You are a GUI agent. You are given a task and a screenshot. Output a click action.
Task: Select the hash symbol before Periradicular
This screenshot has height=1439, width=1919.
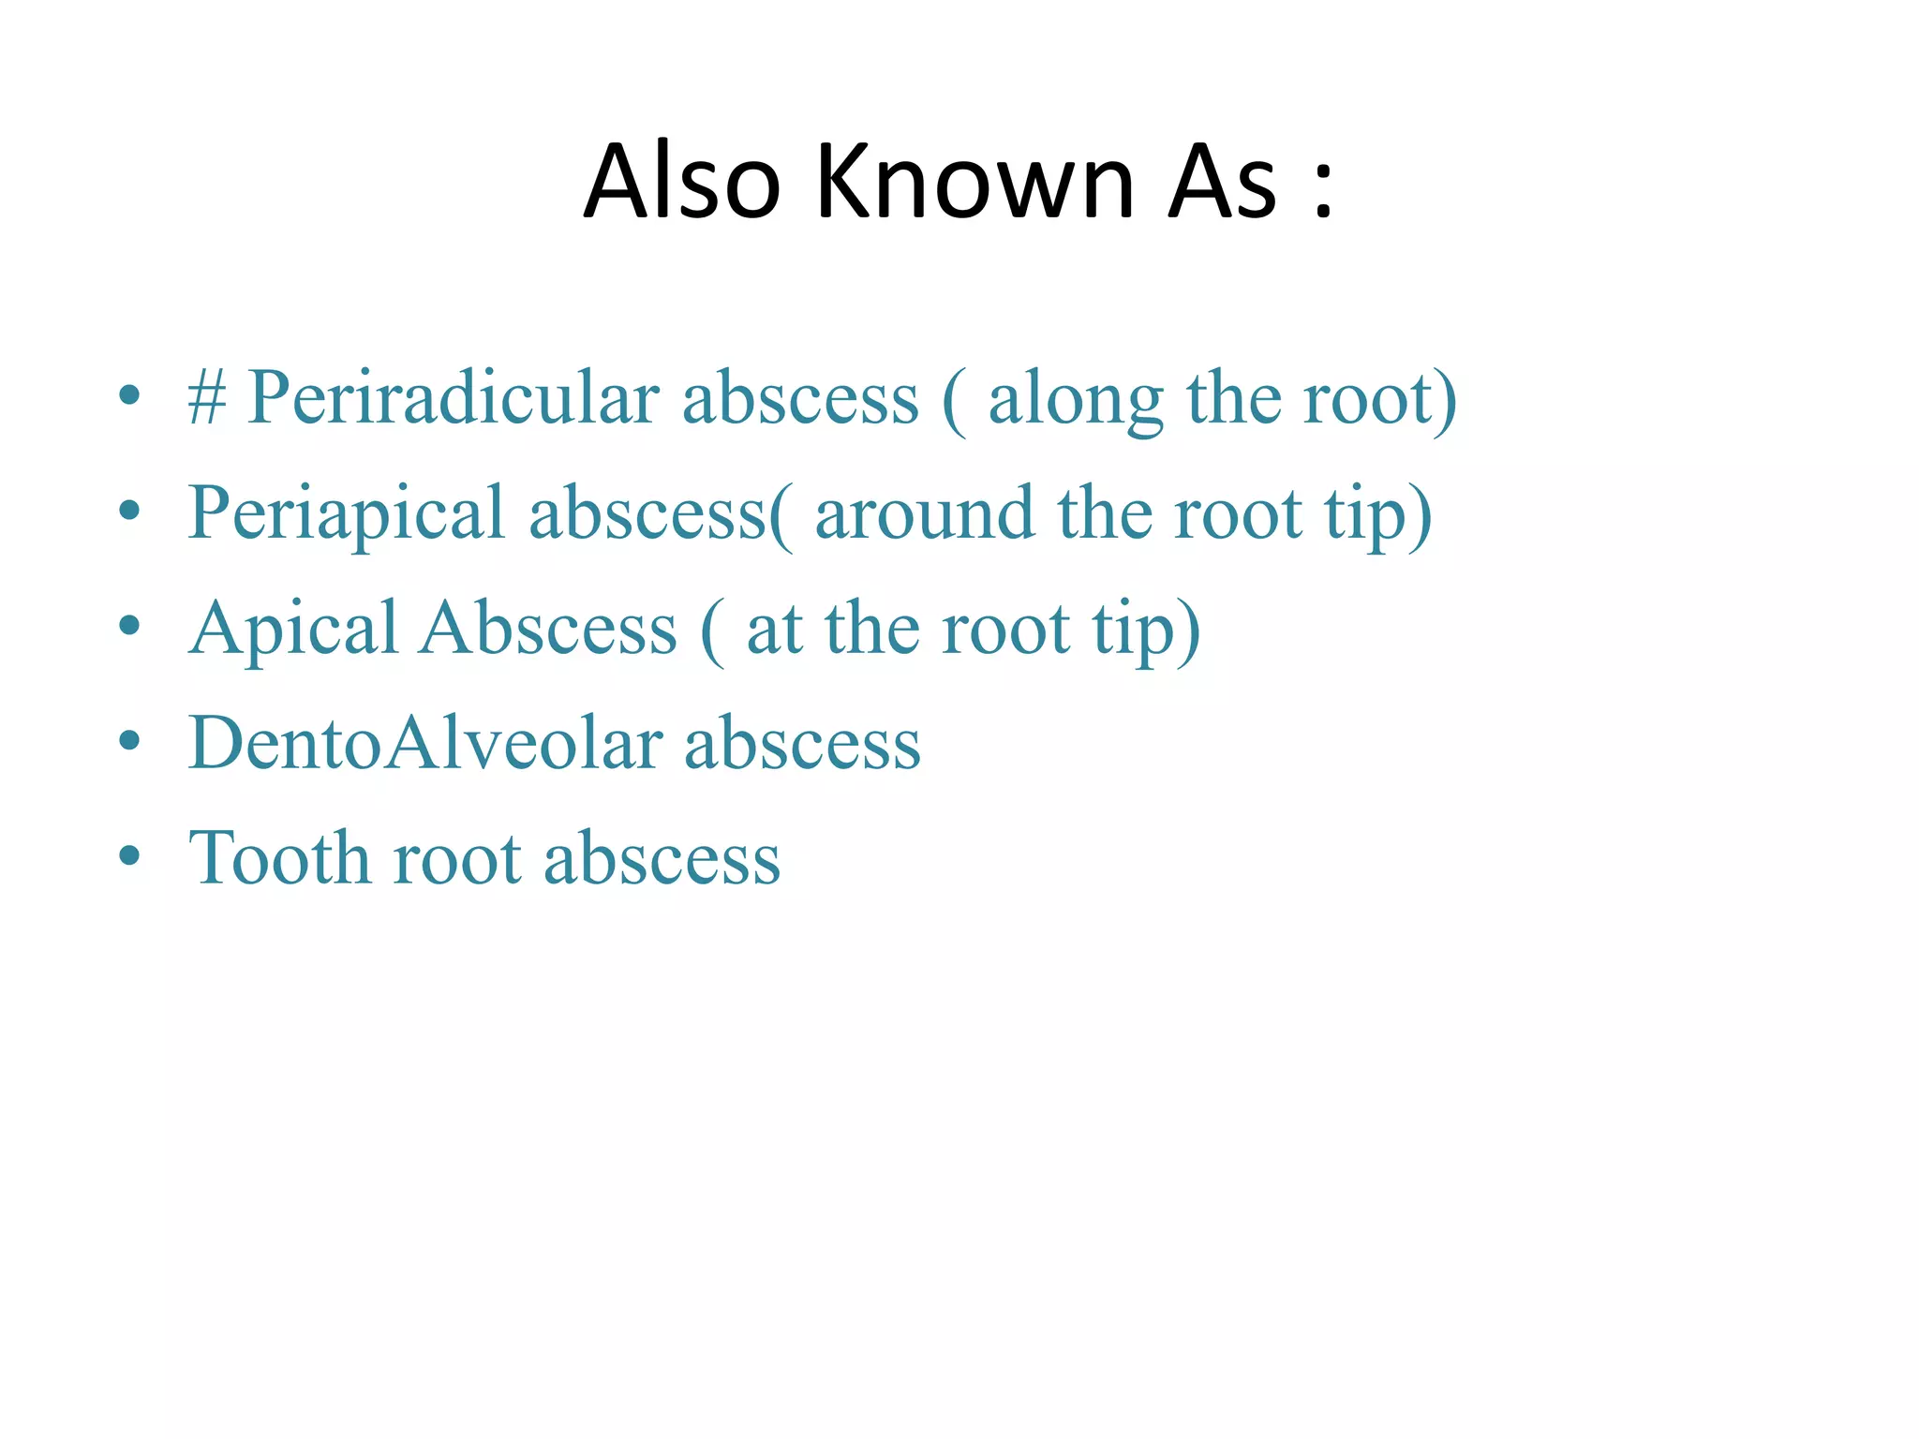pyautogui.click(x=207, y=398)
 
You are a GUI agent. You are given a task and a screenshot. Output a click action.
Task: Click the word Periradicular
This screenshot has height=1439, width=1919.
pyautogui.click(x=453, y=398)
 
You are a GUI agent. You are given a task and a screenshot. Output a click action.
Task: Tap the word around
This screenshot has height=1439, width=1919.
pyautogui.click(x=925, y=513)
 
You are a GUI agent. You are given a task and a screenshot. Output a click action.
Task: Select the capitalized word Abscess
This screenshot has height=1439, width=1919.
pyautogui.click(x=547, y=628)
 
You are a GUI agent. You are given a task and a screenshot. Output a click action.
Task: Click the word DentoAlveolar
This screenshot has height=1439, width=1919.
pyautogui.click(x=425, y=743)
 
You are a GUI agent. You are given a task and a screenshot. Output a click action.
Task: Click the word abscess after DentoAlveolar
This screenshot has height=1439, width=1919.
pyautogui.click(x=802, y=743)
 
